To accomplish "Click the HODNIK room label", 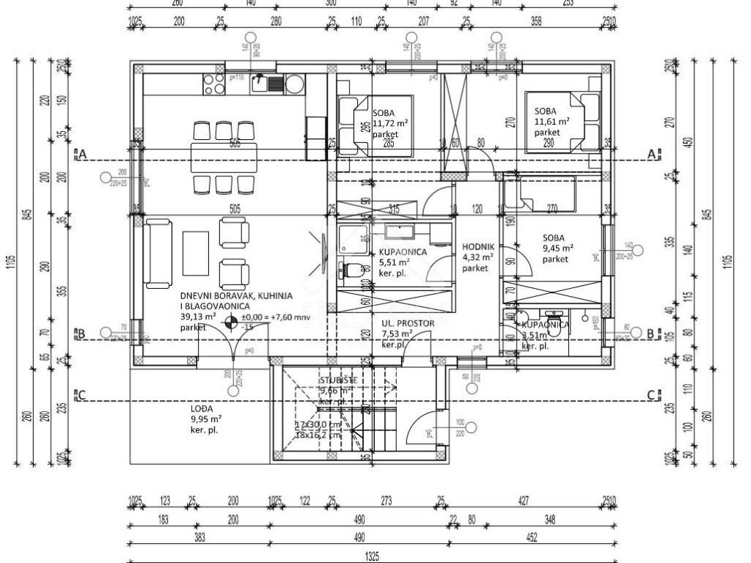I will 477,247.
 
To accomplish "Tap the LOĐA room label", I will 202,408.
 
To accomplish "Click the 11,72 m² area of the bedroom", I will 389,125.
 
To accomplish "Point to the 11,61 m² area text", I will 552,122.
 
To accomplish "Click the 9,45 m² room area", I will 557,248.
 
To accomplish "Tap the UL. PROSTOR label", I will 408,323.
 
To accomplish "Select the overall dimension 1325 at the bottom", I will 373,556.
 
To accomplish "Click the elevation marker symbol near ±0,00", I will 230,320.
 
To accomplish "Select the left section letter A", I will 83,155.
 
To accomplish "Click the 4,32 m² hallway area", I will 477,257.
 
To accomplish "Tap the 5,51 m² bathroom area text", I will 395,261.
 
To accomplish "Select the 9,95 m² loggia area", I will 205,419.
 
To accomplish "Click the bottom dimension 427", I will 524,501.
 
